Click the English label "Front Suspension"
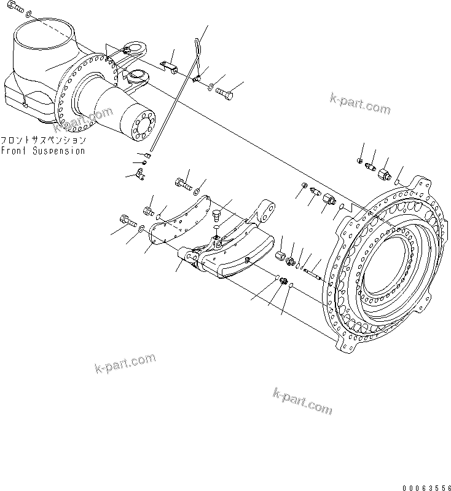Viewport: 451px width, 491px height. pos(42,151)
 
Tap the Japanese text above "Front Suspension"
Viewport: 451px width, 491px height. pos(42,140)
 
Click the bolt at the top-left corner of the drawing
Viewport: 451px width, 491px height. pos(17,8)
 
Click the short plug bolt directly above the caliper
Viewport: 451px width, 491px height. pos(215,215)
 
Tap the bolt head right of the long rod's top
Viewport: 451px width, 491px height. pos(225,94)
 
